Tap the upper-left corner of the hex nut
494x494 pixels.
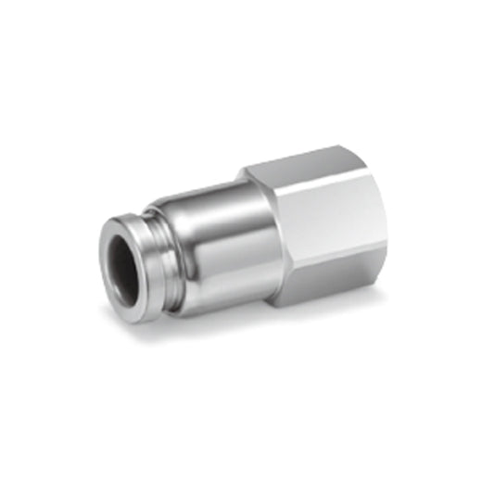pos(248,172)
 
